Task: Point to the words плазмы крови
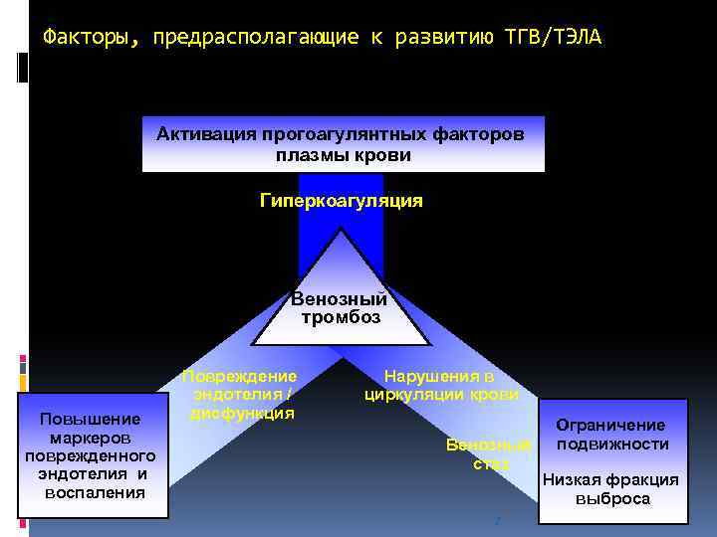pos(344,155)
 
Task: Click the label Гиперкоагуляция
pos(342,201)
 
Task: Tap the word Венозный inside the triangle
pos(340,298)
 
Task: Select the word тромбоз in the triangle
pos(341,317)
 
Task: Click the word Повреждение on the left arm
pos(240,376)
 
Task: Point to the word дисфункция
pos(242,413)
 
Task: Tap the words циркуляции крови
pos(441,394)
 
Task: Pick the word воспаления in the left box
pos(96,492)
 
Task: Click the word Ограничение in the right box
pos(610,425)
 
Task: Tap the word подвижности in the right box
pos(612,444)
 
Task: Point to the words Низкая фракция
pos(610,479)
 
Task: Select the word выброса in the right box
pos(612,499)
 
